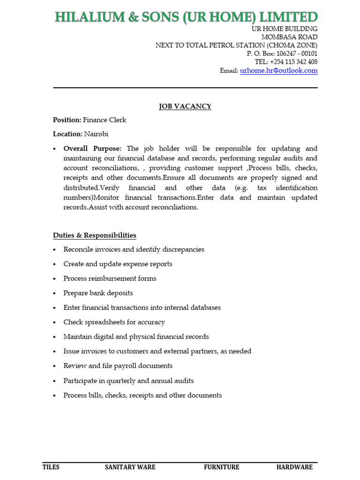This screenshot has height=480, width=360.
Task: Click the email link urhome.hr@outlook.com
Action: point(278,71)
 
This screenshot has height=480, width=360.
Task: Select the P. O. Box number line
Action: point(282,54)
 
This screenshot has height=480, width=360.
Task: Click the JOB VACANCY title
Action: point(185,106)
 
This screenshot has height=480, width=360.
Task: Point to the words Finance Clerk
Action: point(105,120)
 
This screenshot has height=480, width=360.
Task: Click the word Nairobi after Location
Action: point(96,134)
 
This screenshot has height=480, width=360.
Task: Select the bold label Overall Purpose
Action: point(92,149)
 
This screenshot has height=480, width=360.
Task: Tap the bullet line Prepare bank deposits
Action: point(98,293)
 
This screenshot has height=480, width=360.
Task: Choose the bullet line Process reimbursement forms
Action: point(110,278)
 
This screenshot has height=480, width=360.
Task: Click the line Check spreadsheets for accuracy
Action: point(114,322)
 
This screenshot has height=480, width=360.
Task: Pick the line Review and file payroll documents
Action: point(118,366)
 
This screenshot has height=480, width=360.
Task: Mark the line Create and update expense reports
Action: point(118,264)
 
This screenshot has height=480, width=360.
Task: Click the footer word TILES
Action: point(51,467)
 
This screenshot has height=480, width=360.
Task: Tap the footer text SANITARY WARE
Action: point(130,467)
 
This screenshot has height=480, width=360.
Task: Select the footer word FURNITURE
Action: point(221,467)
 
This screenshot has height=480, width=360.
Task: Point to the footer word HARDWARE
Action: point(294,467)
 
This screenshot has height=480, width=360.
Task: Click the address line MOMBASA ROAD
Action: point(289,37)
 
